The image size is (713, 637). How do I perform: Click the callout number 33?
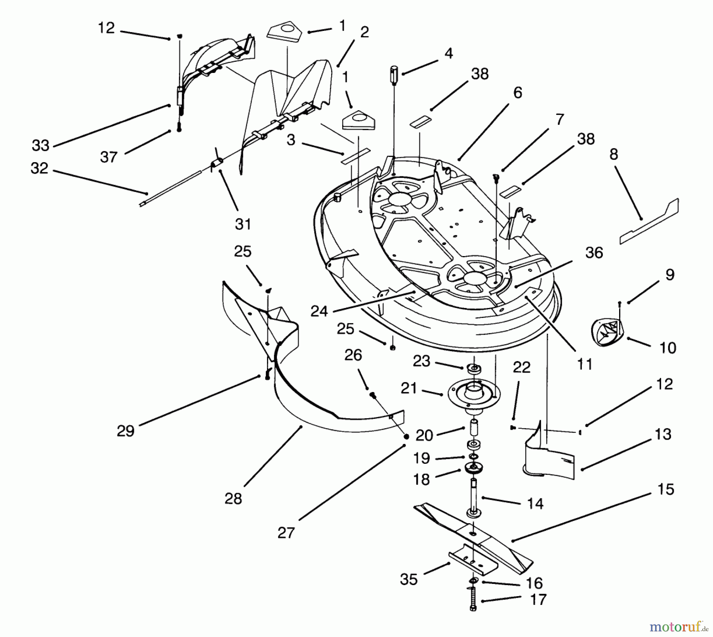[40, 145]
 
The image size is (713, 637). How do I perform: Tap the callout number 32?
[39, 168]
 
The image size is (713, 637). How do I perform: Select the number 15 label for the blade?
[665, 489]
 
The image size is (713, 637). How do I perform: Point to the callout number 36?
[594, 253]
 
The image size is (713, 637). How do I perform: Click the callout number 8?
[614, 154]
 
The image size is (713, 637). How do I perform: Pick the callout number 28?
[233, 499]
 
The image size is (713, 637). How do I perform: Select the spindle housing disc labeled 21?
[474, 393]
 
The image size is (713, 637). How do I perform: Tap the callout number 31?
[243, 224]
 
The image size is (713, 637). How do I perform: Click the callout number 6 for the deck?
[518, 93]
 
